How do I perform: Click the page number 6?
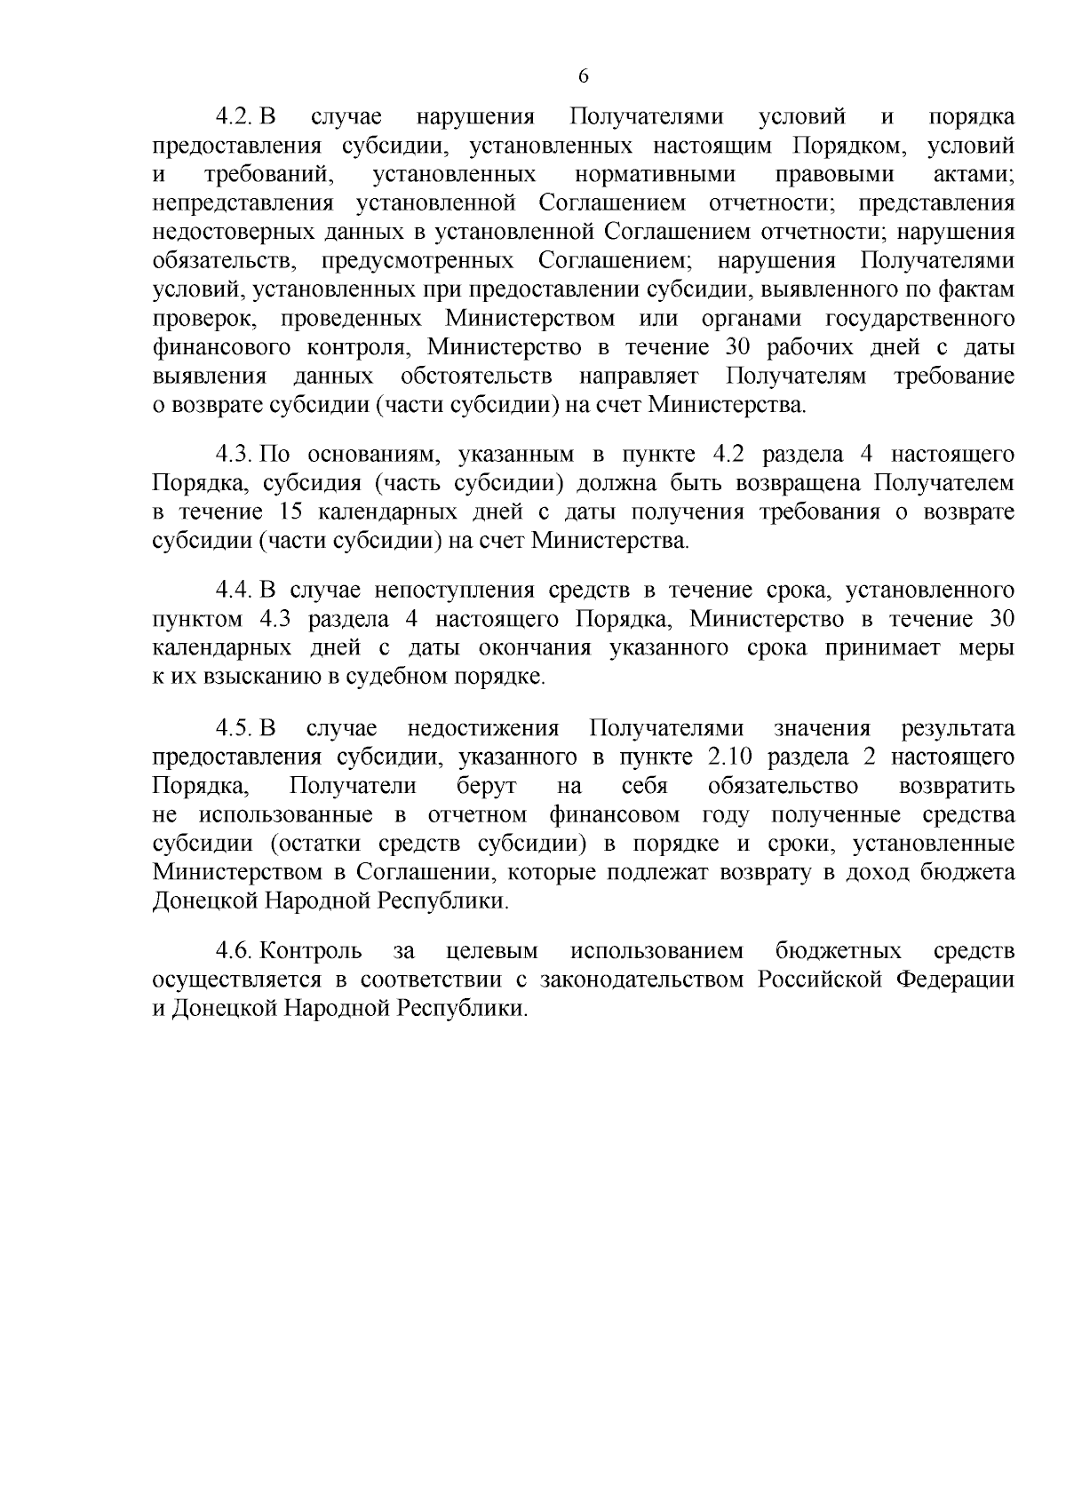(x=584, y=76)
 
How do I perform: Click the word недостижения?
(x=483, y=729)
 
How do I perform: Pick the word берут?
(x=487, y=787)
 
